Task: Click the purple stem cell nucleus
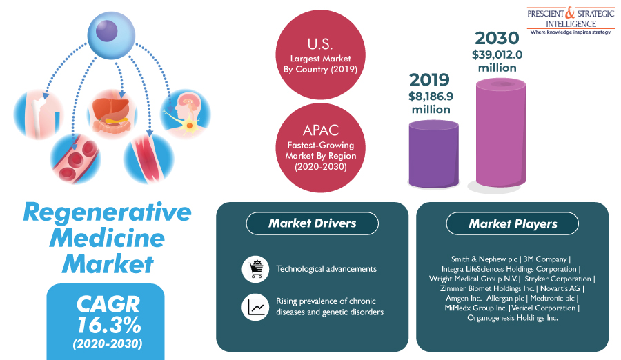[106, 31]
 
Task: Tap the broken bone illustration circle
[39, 114]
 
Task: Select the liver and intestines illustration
[112, 114]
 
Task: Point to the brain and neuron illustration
[186, 114]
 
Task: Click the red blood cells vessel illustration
[75, 159]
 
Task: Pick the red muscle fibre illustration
[148, 159]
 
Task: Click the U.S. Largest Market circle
[320, 54]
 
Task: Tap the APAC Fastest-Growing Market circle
[320, 148]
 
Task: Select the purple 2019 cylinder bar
[434, 154]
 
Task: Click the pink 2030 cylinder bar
[501, 132]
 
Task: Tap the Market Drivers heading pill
[312, 223]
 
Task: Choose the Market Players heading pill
[513, 223]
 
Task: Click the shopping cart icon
[255, 269]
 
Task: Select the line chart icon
[255, 307]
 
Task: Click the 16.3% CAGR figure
[108, 325]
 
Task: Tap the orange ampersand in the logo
[569, 13]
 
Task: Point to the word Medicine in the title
[107, 238]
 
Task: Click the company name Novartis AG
[560, 288]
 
